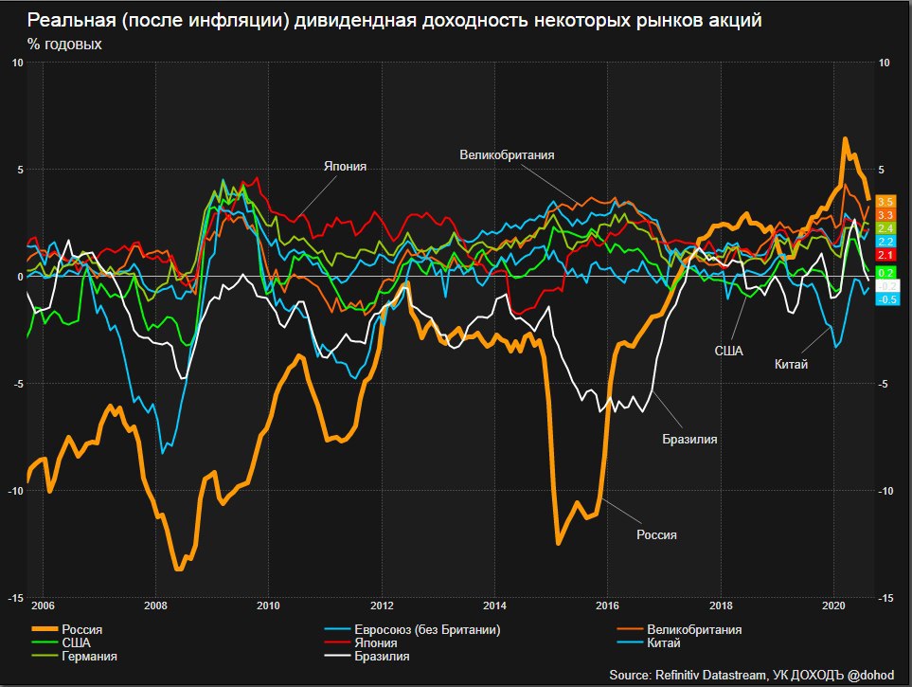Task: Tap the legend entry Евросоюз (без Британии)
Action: (x=426, y=630)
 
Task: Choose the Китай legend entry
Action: (x=664, y=643)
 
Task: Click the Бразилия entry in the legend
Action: (x=382, y=656)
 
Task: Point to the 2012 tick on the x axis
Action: (x=382, y=606)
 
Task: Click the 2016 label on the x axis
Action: (x=608, y=606)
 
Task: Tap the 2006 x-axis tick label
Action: (x=43, y=606)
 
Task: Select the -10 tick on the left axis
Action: (x=16, y=491)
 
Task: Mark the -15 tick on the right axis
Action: (x=885, y=598)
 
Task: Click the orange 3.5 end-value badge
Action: (x=886, y=202)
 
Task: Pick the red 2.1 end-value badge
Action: (x=886, y=256)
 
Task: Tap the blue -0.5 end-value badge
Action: (x=886, y=299)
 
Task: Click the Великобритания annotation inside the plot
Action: (x=507, y=154)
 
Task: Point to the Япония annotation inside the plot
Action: (x=345, y=167)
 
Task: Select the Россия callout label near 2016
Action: (x=656, y=534)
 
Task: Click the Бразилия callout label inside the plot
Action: (x=689, y=440)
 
